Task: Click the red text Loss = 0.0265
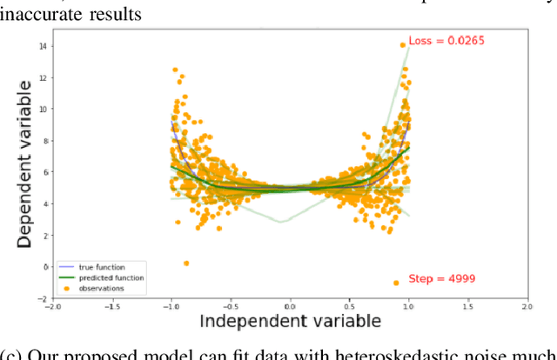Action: click(446, 40)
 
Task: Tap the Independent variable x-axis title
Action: click(291, 321)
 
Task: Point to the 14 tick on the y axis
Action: click(42, 46)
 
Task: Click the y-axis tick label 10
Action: click(42, 109)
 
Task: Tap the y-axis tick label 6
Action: click(44, 172)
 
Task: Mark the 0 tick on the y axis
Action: click(44, 267)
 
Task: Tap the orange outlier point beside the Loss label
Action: click(402, 44)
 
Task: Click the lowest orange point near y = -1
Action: click(396, 283)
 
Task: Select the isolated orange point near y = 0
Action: click(186, 263)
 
